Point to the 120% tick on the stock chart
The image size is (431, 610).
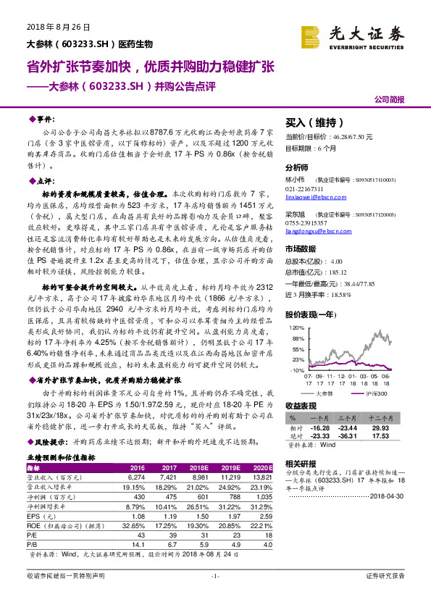point(296,328)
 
